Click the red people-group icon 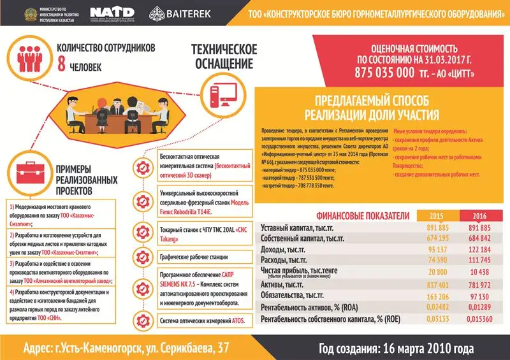tap(27, 57)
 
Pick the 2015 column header tap(436, 216)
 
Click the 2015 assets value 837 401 tap(436, 285)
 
